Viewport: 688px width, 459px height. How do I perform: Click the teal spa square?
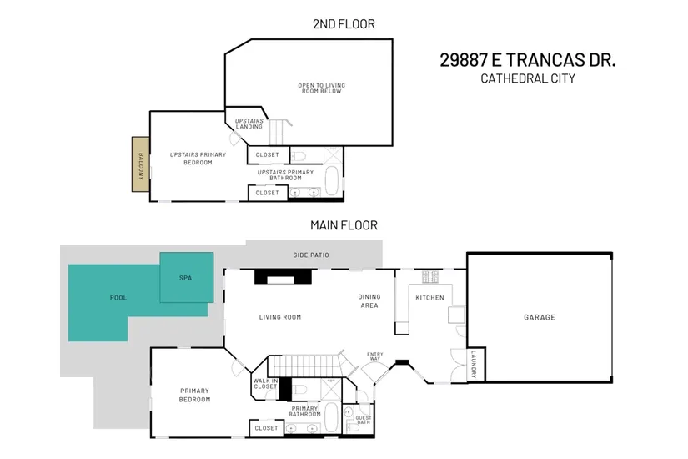[187, 277]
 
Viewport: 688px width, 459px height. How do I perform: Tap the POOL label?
[118, 298]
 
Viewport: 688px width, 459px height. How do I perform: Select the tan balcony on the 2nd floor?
[141, 164]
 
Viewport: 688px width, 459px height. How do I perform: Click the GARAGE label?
[540, 317]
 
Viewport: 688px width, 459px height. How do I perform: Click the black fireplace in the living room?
[283, 277]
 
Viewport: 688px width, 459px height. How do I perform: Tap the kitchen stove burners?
[430, 277]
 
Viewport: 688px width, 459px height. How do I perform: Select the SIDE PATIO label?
[311, 255]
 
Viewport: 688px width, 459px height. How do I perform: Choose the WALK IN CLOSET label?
[265, 384]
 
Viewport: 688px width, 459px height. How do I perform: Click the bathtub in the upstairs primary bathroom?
[332, 180]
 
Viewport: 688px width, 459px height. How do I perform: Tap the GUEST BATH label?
[364, 420]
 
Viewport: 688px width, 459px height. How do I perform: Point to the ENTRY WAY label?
[374, 356]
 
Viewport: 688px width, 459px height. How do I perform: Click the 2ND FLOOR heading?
[344, 23]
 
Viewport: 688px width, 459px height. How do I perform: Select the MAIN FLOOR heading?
[344, 225]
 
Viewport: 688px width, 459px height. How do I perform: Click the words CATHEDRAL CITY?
[527, 78]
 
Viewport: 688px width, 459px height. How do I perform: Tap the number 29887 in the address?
[464, 60]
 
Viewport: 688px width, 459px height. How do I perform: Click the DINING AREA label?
[369, 301]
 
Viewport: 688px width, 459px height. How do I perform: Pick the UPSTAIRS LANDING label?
[249, 124]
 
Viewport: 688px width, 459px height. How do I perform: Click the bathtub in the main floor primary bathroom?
[331, 417]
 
